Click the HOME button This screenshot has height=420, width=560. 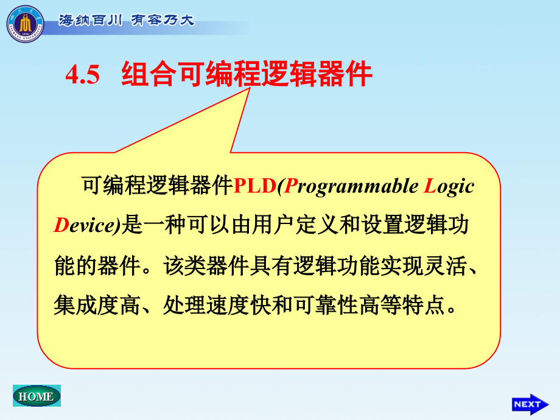coord(37,396)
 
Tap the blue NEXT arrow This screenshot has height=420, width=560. coord(530,404)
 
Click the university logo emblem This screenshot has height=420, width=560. coord(25,23)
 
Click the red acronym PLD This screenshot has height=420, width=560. coord(255,186)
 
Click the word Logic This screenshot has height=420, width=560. coord(449,186)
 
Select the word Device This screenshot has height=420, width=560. coord(85,226)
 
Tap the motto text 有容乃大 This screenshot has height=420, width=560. coord(163,20)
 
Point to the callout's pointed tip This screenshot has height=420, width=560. coord(250,89)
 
